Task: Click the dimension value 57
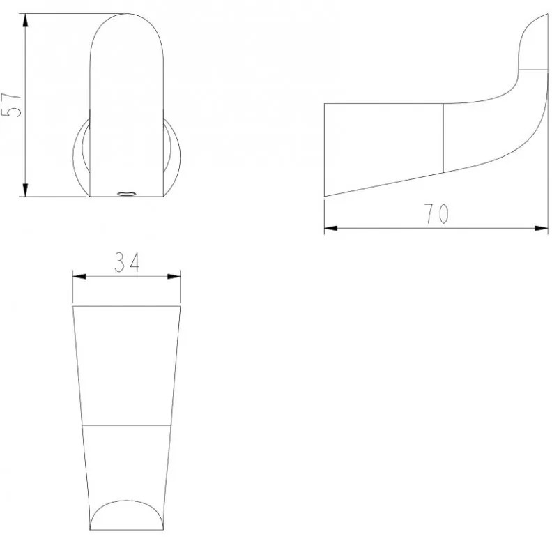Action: coord(11,105)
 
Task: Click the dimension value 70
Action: coord(436,213)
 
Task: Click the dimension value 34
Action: coord(127,262)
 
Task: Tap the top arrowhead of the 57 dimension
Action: coord(25,21)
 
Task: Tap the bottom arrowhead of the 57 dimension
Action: coord(25,190)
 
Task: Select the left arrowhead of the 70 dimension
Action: coord(330,228)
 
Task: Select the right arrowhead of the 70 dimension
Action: coord(542,228)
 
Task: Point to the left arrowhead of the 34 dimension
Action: coord(79,277)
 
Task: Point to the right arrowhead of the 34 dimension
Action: coord(174,277)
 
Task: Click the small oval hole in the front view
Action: coord(126,193)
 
